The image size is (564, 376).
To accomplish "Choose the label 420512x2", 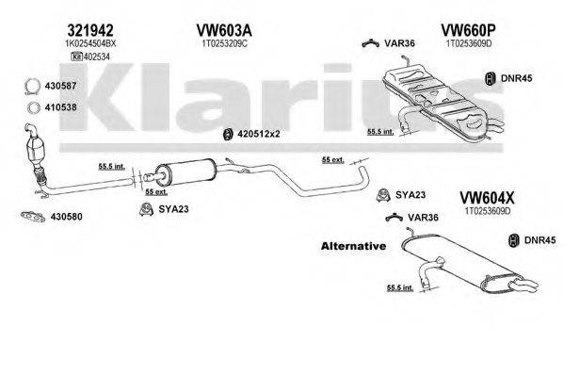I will (260, 133).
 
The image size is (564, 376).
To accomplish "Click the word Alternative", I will (353, 246).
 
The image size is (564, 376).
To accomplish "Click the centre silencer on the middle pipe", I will (184, 175).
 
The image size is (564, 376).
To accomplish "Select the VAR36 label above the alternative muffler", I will (422, 219).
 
